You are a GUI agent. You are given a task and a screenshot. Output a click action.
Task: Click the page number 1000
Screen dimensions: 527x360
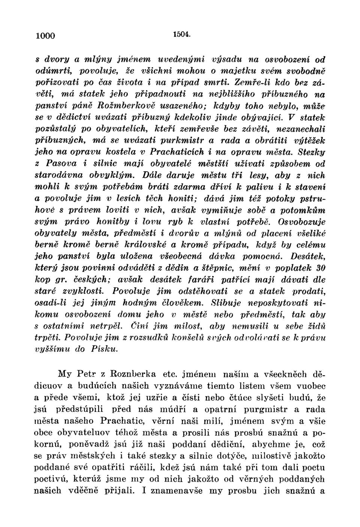pos(45,36)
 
